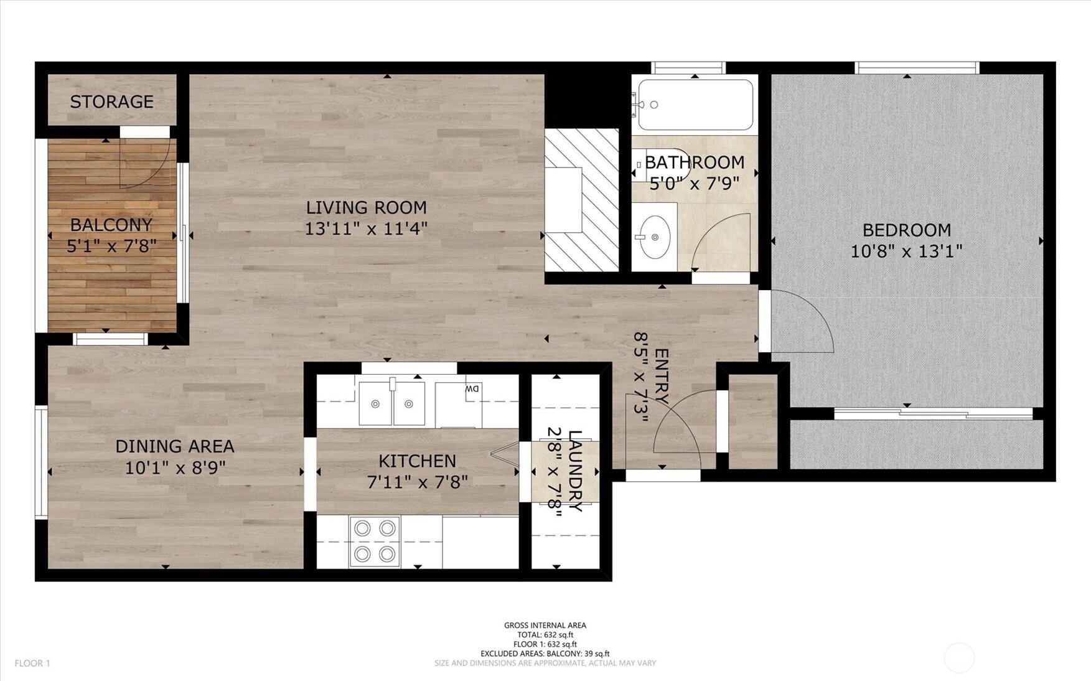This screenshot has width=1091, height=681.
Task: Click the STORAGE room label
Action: point(111,101)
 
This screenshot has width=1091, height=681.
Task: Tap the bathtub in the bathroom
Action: point(695,104)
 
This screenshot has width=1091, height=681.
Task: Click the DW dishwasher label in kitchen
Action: point(472,389)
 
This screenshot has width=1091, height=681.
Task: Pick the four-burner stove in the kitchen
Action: point(375,541)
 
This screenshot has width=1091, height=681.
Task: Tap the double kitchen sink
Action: point(391,403)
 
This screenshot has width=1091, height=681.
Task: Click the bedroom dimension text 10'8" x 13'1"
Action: point(906,251)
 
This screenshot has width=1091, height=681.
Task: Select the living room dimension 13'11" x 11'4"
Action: point(366,229)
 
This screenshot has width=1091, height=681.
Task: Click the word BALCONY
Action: point(111,225)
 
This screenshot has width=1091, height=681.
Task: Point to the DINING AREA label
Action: point(174,446)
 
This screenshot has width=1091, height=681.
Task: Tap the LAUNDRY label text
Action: point(576,471)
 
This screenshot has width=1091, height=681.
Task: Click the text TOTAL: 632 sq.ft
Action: point(545,635)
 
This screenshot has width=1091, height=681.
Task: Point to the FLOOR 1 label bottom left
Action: point(32,664)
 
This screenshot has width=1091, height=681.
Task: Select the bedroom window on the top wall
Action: point(916,67)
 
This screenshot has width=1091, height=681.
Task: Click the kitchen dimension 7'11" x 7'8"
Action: point(417,482)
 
